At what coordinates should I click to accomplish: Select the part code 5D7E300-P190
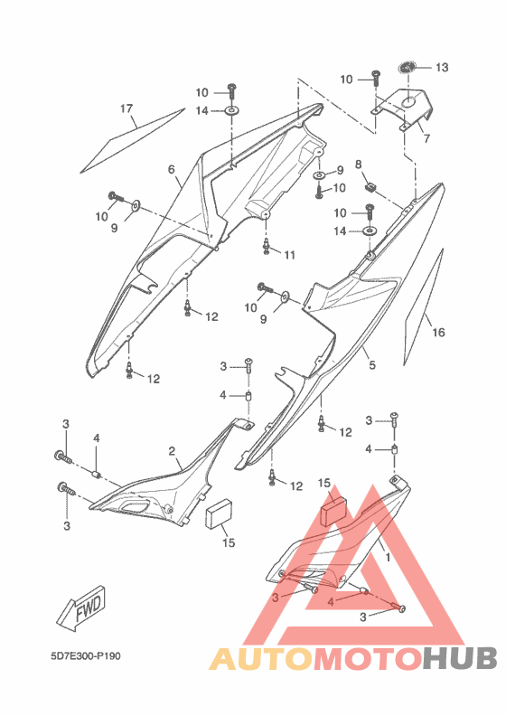[86, 656]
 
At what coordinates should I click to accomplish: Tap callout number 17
[126, 108]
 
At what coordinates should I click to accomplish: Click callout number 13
[442, 68]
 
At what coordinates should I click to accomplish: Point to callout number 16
[438, 332]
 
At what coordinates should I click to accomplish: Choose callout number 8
[358, 165]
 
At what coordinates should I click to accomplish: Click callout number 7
[426, 138]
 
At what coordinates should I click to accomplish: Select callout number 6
[171, 169]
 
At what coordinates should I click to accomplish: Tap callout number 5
[372, 365]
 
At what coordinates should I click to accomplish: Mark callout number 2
[172, 451]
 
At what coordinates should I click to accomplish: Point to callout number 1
[388, 557]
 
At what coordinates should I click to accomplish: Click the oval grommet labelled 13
[406, 67]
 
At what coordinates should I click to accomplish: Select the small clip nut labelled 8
[372, 186]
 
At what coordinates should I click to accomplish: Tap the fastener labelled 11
[266, 246]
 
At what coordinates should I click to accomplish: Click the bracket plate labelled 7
[401, 109]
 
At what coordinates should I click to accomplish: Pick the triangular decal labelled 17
[132, 141]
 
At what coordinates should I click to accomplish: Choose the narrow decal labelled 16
[424, 306]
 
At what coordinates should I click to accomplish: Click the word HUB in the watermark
[459, 658]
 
